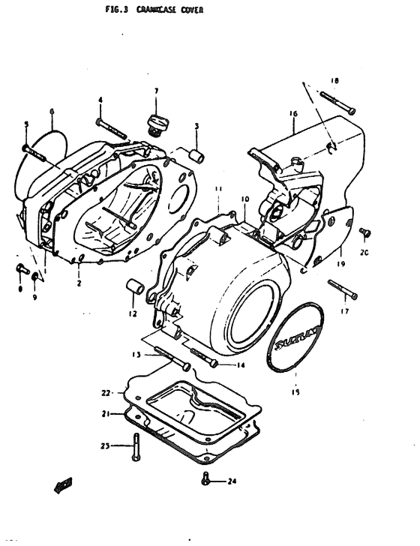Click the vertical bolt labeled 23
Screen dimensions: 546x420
click(x=135, y=448)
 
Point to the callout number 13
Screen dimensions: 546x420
click(x=136, y=355)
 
